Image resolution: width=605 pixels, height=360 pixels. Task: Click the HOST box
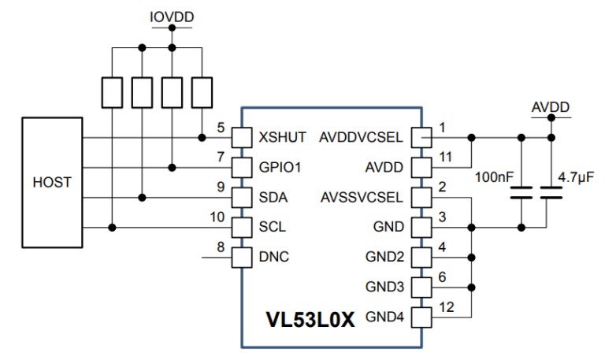(x=52, y=181)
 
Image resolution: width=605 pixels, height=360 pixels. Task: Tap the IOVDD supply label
(x=171, y=16)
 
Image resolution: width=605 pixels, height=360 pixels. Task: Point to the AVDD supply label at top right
(x=551, y=106)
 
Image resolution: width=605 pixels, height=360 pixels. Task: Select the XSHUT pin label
(x=282, y=136)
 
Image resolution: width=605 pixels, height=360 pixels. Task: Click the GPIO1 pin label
(x=280, y=167)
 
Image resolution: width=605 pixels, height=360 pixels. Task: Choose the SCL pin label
(x=271, y=227)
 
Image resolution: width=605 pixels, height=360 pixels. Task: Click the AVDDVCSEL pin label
(x=361, y=136)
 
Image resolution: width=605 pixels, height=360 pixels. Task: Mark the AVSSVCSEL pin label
(x=362, y=197)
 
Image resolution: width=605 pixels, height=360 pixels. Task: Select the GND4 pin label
(x=385, y=317)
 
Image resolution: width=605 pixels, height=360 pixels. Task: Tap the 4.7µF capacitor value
(x=575, y=178)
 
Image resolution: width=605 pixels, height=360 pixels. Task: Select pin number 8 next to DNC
(x=221, y=247)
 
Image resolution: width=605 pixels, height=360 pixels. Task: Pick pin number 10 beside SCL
(x=218, y=217)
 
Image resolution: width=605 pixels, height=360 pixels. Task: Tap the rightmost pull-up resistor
(x=203, y=92)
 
